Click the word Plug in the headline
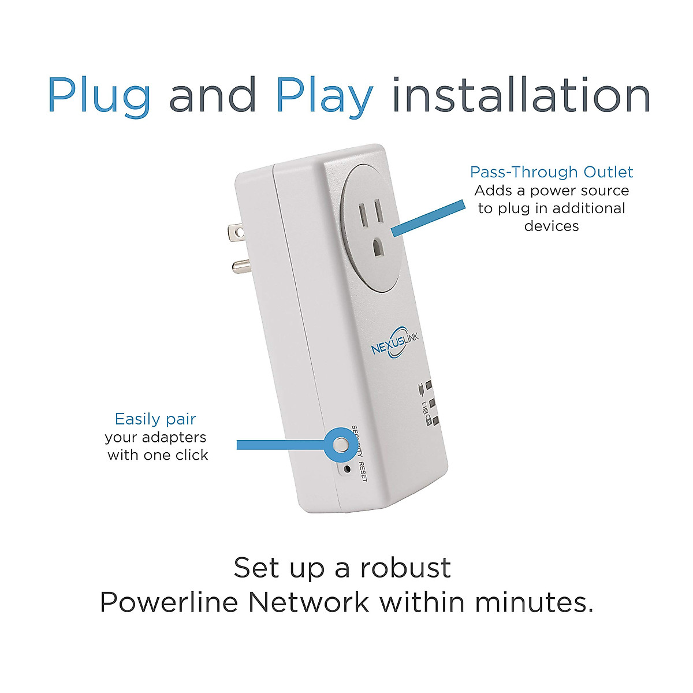pyautogui.click(x=99, y=96)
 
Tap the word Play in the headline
pyautogui.click(x=325, y=96)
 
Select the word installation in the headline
pyautogui.click(x=521, y=95)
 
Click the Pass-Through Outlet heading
pyautogui.click(x=551, y=172)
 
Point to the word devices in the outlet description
pyautogui.click(x=551, y=226)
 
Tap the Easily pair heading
pyautogui.click(x=155, y=419)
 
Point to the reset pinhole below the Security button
pyautogui.click(x=346, y=468)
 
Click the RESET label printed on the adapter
pyautogui.click(x=363, y=472)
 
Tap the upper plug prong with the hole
pyautogui.click(x=237, y=232)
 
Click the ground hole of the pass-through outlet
pyautogui.click(x=378, y=248)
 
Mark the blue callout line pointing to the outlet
pyautogui.click(x=428, y=218)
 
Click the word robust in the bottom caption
pyautogui.click(x=405, y=568)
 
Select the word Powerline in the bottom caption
pyautogui.click(x=169, y=602)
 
